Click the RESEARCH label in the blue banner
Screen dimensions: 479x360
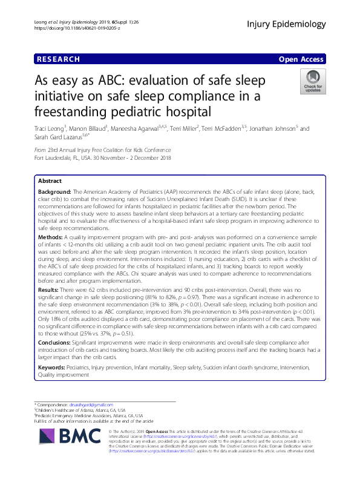pos(58,59)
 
